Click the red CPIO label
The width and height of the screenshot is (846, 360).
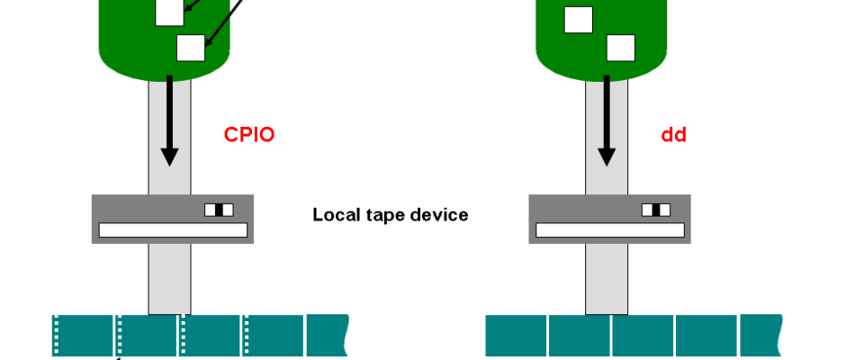point(248,136)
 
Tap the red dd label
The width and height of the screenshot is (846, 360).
point(674,136)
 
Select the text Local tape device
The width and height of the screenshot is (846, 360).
point(391,215)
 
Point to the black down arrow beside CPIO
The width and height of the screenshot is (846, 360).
point(169,121)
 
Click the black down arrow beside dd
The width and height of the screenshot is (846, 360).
point(607,121)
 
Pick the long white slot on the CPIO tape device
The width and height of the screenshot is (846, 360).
point(173,230)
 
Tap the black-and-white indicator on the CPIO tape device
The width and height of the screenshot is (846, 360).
point(219,210)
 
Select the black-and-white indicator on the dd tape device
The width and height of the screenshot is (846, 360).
point(656,210)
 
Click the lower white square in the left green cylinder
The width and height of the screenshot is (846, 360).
point(191,47)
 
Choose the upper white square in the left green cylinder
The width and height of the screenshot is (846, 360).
point(169,12)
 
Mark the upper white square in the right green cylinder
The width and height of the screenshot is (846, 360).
point(579,19)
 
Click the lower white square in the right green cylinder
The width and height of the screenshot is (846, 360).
point(621,47)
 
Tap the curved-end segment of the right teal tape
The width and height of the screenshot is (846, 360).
point(760,337)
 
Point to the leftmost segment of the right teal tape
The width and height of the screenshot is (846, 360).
point(517,337)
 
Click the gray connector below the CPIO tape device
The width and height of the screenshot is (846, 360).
point(169,279)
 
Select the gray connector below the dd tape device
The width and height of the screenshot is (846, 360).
point(607,279)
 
